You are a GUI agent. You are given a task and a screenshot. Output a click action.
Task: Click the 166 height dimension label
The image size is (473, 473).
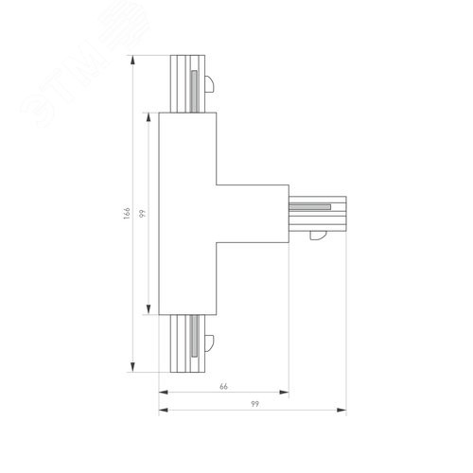(x=125, y=215)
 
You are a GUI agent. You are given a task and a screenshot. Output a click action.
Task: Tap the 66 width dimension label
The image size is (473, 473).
(x=224, y=386)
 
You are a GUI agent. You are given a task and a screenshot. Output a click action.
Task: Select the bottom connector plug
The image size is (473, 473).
(x=185, y=344)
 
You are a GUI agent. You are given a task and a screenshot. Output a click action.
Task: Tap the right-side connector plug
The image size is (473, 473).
(x=317, y=215)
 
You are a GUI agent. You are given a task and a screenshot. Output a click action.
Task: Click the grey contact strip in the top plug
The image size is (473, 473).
(x=193, y=86)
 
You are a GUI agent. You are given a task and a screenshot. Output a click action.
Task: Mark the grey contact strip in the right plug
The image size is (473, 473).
(x=313, y=204)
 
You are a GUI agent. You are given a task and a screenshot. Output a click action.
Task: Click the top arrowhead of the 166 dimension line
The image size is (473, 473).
(x=131, y=59)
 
